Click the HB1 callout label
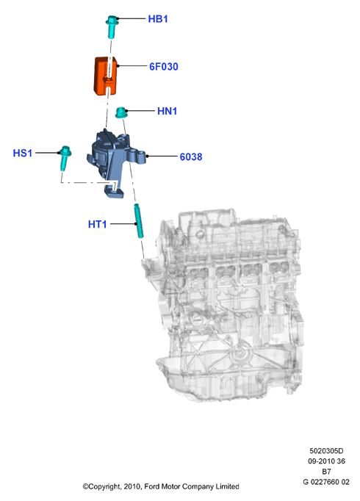(x=158, y=19)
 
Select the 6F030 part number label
(x=164, y=66)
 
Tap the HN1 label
(x=167, y=111)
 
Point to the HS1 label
(x=23, y=153)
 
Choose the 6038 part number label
(x=191, y=157)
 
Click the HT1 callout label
(x=98, y=224)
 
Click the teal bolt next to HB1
(x=112, y=26)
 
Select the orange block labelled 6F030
(x=105, y=76)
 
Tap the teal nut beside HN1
(x=121, y=112)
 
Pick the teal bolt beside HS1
(x=65, y=158)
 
